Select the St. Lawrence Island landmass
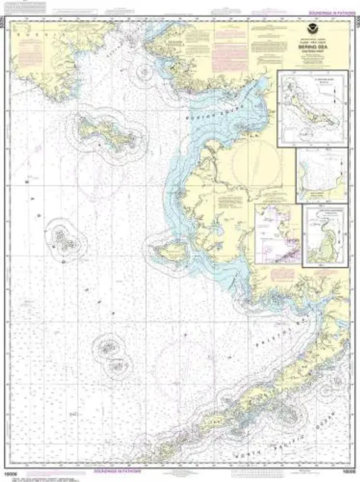pos(106,132)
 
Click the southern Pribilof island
pos(118,366)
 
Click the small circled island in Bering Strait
pos(144,71)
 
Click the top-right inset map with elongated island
pos(313,109)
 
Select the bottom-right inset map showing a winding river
pos(325,236)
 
